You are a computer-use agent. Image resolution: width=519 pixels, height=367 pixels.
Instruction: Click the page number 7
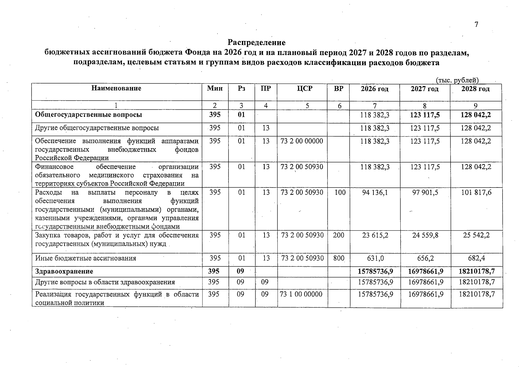coord(476,25)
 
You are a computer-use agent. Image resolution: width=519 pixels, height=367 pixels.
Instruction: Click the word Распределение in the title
coord(257,42)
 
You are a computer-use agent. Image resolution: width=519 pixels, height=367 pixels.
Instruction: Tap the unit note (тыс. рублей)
coord(457,80)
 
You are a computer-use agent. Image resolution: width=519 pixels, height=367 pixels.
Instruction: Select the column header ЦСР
coord(305,89)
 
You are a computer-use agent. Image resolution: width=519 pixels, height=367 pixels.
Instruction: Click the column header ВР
coord(339,89)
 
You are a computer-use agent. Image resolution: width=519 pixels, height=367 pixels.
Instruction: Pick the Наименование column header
coord(116,88)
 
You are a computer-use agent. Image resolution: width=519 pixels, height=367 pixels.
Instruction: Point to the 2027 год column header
coord(424,89)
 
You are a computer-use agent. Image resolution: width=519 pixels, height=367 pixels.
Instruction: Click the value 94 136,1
coord(375,193)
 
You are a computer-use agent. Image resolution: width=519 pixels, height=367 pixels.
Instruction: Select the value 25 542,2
coord(476,235)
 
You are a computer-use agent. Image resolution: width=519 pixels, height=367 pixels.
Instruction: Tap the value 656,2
coord(425,258)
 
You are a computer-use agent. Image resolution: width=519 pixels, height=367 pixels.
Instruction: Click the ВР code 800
coord(339,258)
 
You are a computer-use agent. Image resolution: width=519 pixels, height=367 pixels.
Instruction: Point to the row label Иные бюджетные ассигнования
coord(86,258)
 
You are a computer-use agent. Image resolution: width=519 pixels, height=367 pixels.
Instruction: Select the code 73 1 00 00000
coord(302,294)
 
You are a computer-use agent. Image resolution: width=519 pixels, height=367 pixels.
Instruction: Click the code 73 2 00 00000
coord(302,141)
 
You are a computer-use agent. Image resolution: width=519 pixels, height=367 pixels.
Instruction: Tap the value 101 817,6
coord(476,193)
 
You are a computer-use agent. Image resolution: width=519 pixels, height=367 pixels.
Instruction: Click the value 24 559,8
coord(425,235)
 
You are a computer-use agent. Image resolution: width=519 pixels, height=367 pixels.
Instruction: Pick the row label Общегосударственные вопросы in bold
coord(89,115)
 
